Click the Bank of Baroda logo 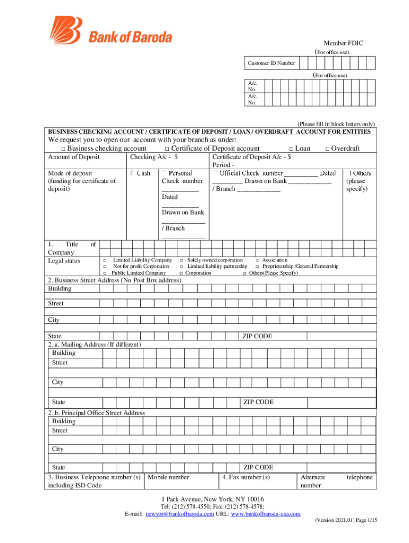pos(111,30)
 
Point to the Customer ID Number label pos(271,63)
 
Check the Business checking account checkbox pos(63,149)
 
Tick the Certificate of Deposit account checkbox pos(167,149)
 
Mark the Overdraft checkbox pos(327,149)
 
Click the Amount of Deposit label pos(74,157)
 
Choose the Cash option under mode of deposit pos(132,173)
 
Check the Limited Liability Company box pos(105,260)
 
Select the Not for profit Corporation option pos(105,267)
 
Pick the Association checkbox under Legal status pos(258,260)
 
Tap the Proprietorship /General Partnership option pos(258,267)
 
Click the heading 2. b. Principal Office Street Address pos(96,413)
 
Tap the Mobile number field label pos(168,477)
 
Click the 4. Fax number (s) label pos(246,477)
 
